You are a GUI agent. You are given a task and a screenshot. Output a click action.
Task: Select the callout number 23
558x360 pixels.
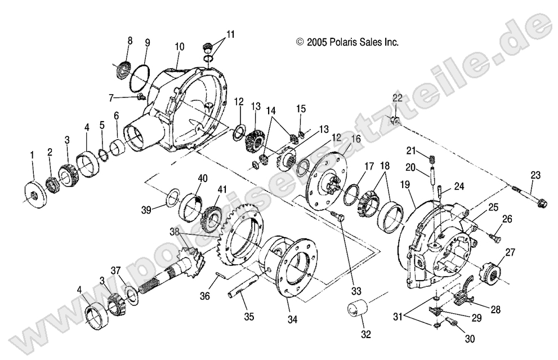534,175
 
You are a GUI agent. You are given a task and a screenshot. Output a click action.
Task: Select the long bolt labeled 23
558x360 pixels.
528,195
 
